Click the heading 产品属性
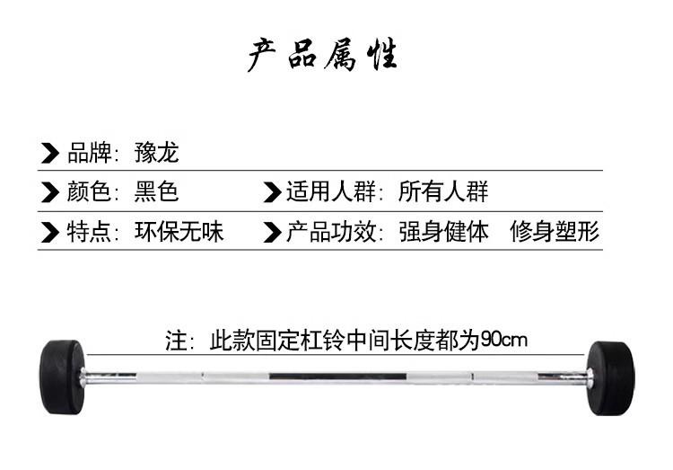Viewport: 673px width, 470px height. (x=322, y=54)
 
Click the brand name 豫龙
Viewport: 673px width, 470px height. (x=157, y=152)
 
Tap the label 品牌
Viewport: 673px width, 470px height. (x=89, y=152)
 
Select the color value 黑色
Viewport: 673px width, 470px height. (x=156, y=191)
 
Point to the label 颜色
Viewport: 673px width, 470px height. (x=89, y=191)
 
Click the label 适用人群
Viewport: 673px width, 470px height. (x=331, y=191)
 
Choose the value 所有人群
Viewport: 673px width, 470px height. (x=443, y=191)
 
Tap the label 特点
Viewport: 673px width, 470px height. (x=89, y=232)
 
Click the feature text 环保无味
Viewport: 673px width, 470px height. (x=179, y=232)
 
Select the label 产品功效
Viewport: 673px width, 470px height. (x=331, y=232)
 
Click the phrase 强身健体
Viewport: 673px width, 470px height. (x=444, y=232)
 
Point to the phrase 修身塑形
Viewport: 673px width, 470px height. (x=555, y=232)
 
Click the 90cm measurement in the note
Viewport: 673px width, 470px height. (x=504, y=340)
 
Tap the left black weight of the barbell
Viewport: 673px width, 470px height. (x=62, y=377)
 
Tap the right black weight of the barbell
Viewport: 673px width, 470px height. (x=610, y=378)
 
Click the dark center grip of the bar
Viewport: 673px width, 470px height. (x=337, y=377)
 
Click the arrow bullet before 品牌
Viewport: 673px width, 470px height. (x=49, y=153)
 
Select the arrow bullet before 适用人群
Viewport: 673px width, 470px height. (x=272, y=192)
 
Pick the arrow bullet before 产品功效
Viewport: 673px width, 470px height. (x=272, y=232)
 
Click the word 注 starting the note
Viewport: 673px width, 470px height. (x=177, y=341)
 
